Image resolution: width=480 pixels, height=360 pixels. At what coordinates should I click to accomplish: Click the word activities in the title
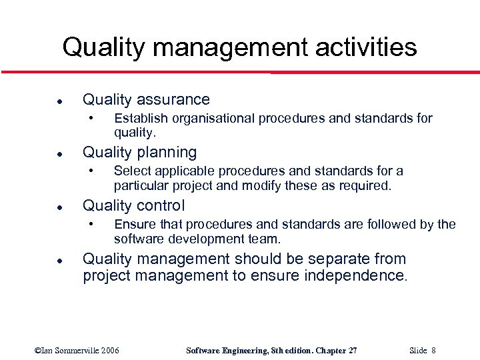(x=363, y=47)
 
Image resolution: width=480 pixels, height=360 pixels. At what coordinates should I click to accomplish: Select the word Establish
(x=141, y=119)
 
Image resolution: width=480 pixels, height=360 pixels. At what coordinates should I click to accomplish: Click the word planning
(x=167, y=153)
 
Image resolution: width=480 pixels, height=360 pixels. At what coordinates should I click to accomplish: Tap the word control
(x=160, y=205)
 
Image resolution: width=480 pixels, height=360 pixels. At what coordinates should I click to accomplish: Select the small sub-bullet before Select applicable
(x=91, y=171)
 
